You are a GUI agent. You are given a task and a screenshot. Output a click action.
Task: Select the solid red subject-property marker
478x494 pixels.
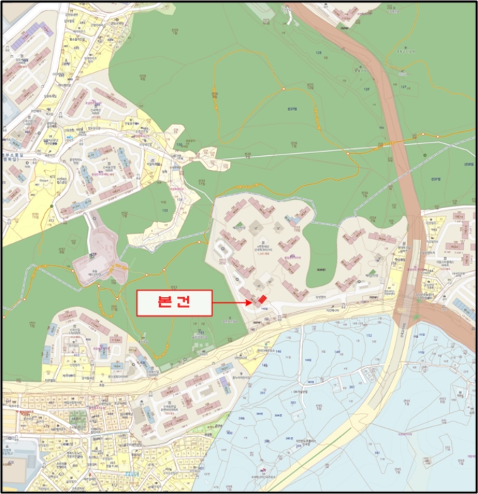click(x=262, y=299)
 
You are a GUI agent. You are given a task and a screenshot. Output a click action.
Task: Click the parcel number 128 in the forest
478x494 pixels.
click(x=318, y=53)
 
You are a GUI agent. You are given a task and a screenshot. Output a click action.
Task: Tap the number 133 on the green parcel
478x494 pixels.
click(x=165, y=210)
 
